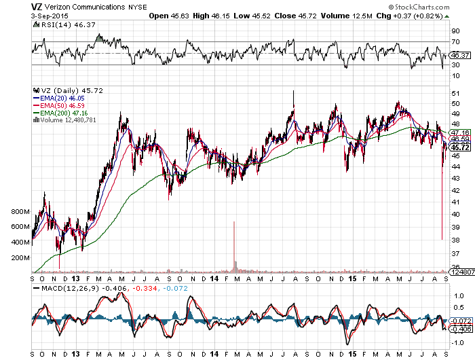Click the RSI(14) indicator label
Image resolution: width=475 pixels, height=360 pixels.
pyautogui.click(x=48, y=24)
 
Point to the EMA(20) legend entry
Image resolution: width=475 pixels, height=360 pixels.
pyautogui.click(x=58, y=98)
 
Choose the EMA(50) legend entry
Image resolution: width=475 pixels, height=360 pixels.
pyautogui.click(x=58, y=105)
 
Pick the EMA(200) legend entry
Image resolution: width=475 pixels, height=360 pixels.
pyautogui.click(x=60, y=113)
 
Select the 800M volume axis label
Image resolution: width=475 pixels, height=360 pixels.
pyautogui.click(x=21, y=212)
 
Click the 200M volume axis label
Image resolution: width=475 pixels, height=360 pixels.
pyautogui.click(x=21, y=258)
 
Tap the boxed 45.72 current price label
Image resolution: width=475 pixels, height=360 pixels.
pyautogui.click(x=461, y=147)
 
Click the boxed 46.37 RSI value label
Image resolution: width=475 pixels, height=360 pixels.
pyautogui.click(x=461, y=55)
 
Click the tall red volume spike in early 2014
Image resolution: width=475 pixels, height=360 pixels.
pyautogui.click(x=233, y=245)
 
